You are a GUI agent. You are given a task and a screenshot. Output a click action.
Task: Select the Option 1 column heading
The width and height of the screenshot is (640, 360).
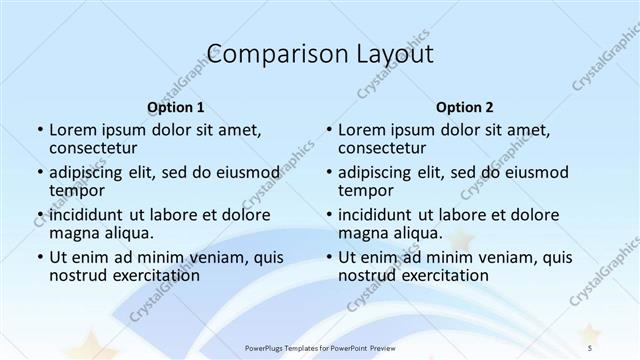(175, 106)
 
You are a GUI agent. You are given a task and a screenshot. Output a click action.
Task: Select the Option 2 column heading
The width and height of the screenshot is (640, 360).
(465, 106)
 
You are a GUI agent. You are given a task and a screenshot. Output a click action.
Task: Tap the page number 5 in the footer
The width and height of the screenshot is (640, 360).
(590, 346)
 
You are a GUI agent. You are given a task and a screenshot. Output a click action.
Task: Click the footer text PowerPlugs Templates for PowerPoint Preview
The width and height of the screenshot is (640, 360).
(320, 346)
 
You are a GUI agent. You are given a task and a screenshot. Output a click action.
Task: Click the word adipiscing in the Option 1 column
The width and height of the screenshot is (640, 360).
(88, 172)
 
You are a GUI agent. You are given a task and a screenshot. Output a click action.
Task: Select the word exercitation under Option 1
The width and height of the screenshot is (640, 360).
(148, 274)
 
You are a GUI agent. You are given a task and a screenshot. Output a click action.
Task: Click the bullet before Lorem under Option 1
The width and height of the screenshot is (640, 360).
(40, 130)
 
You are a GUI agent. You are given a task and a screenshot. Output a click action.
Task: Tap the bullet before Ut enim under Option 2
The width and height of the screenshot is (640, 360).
(329, 257)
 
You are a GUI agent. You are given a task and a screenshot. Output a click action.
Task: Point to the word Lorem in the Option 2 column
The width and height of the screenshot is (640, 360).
(363, 130)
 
